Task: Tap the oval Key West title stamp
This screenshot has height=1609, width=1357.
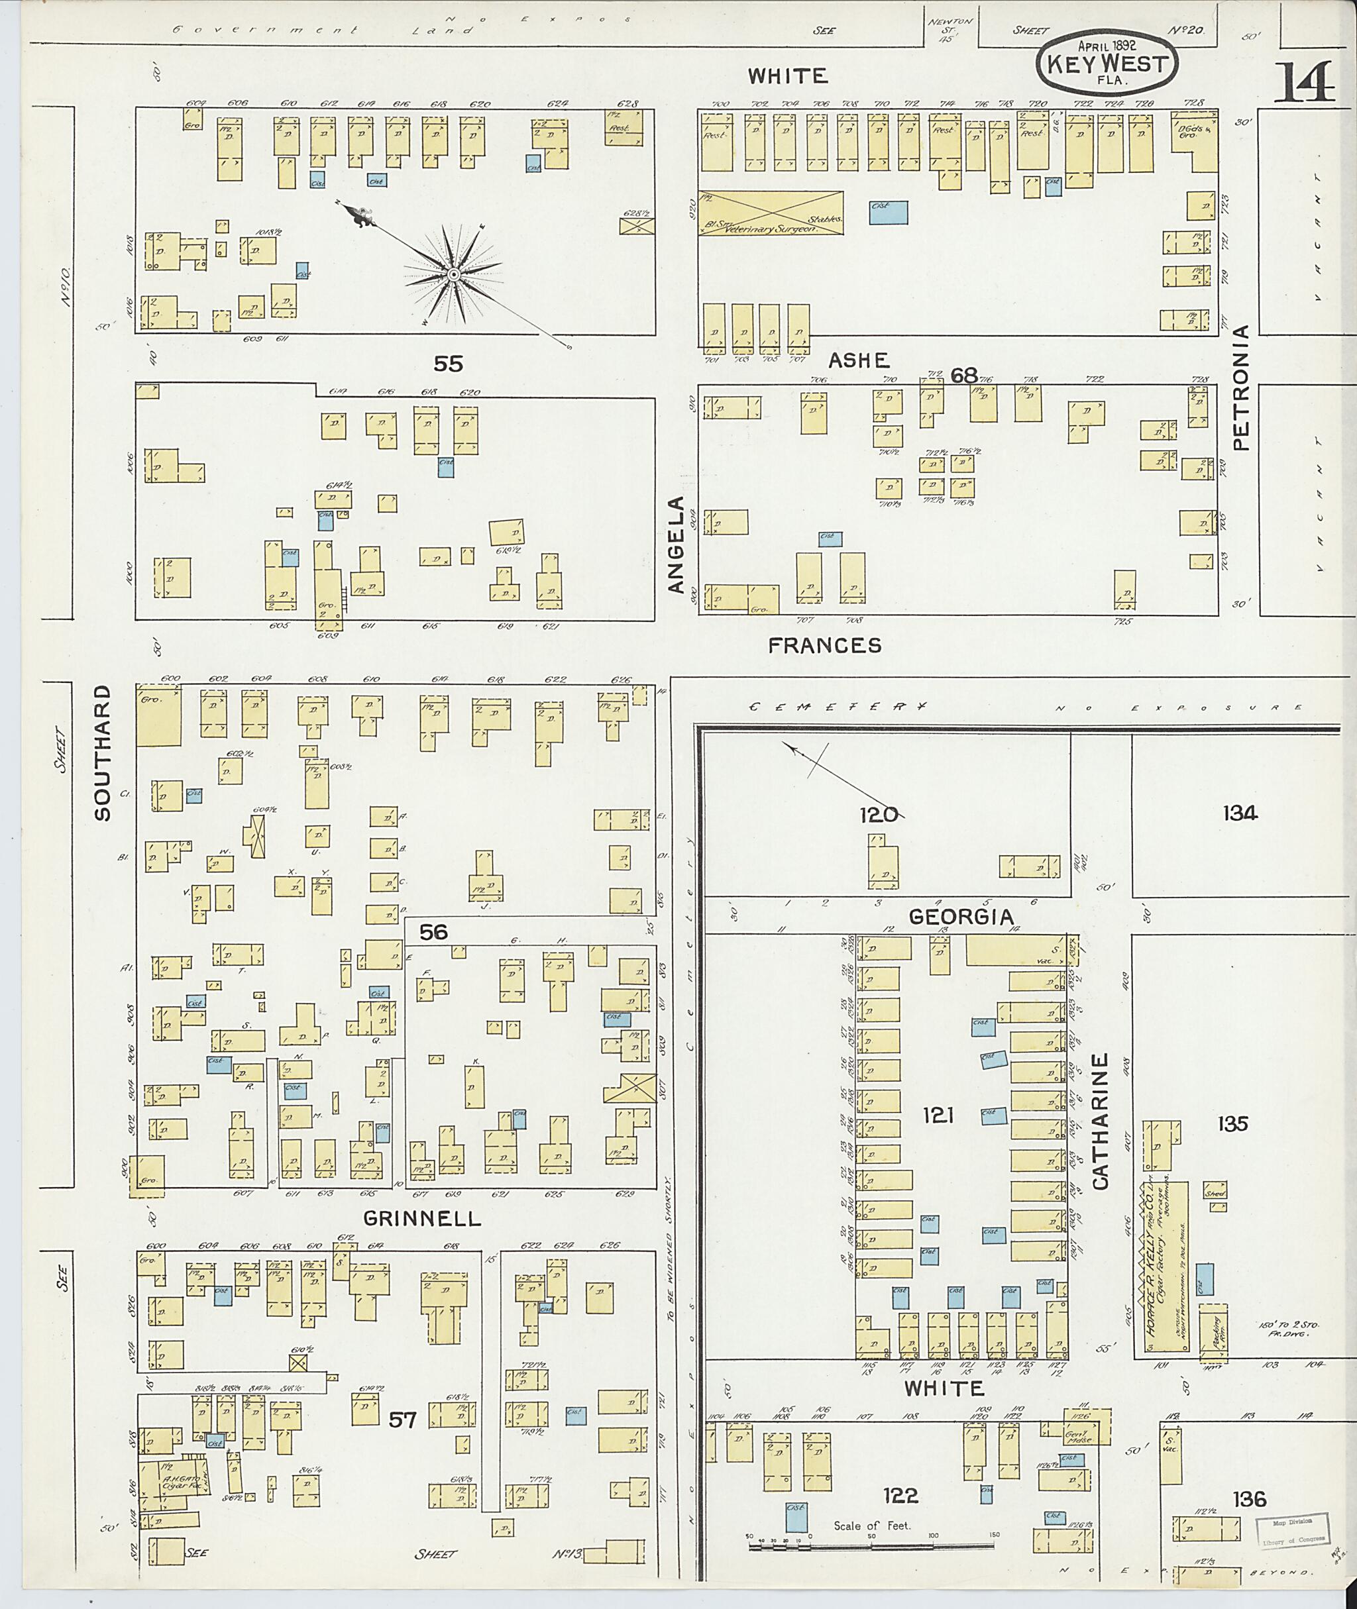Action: (x=1107, y=63)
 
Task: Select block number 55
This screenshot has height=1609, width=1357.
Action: (x=448, y=363)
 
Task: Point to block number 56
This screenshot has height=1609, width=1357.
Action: (x=433, y=932)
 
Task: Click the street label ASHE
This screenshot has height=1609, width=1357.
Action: (x=859, y=361)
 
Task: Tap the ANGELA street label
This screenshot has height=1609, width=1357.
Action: (x=675, y=545)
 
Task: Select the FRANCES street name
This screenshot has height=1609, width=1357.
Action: (x=825, y=645)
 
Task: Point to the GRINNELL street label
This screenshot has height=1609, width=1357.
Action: (x=421, y=1218)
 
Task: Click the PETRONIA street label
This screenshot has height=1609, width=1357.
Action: (x=1241, y=388)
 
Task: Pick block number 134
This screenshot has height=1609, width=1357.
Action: (x=1239, y=813)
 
